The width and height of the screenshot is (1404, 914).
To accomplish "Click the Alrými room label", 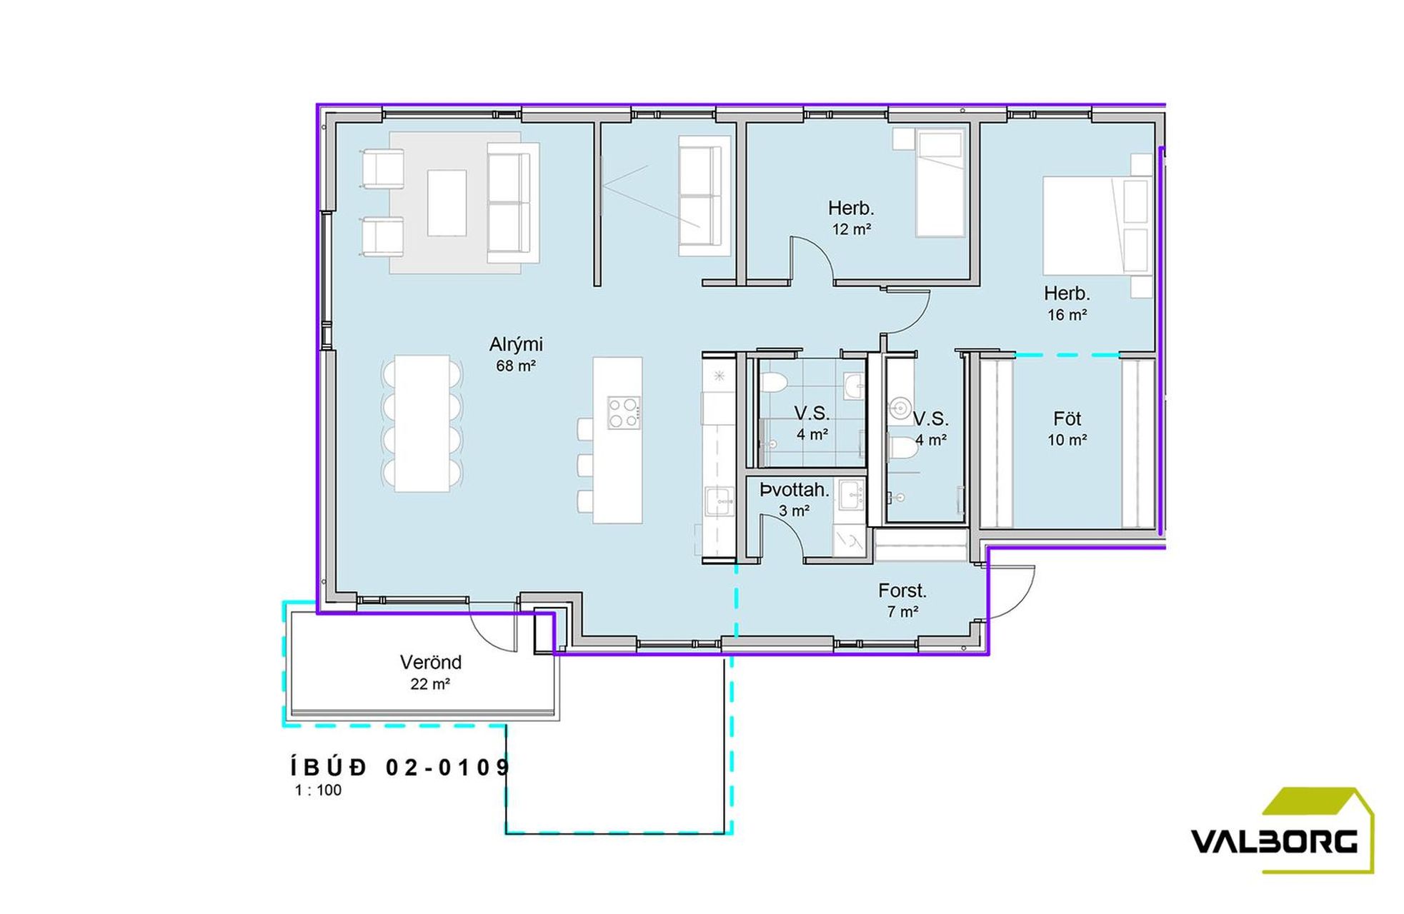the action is tap(516, 345).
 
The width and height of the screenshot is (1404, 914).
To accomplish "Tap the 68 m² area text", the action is tap(516, 366).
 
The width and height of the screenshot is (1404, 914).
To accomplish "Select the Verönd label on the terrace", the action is tap(430, 662).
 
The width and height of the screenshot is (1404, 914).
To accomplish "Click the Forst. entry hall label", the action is tap(902, 591).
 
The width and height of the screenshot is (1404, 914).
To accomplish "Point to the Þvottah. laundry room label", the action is tap(794, 490).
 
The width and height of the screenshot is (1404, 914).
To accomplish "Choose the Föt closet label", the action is tap(1067, 418).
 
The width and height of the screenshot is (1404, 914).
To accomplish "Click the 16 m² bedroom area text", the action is tap(1067, 315).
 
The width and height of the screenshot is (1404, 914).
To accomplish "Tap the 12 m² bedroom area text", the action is tap(851, 229).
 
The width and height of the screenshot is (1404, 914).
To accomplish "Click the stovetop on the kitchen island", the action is tap(623, 413).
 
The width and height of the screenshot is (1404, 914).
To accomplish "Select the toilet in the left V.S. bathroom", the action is tap(772, 383).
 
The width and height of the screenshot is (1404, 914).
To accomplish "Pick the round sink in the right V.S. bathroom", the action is tap(900, 409).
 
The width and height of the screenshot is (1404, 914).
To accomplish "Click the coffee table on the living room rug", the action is tap(447, 203).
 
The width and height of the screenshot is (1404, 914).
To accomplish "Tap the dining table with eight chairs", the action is tap(422, 423).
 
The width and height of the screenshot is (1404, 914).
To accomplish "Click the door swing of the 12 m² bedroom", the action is tap(812, 258).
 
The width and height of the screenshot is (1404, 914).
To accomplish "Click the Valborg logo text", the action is tap(1274, 842).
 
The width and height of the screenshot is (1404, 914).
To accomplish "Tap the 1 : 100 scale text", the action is tap(318, 790).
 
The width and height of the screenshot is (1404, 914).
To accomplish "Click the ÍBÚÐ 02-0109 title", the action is tap(401, 768).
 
